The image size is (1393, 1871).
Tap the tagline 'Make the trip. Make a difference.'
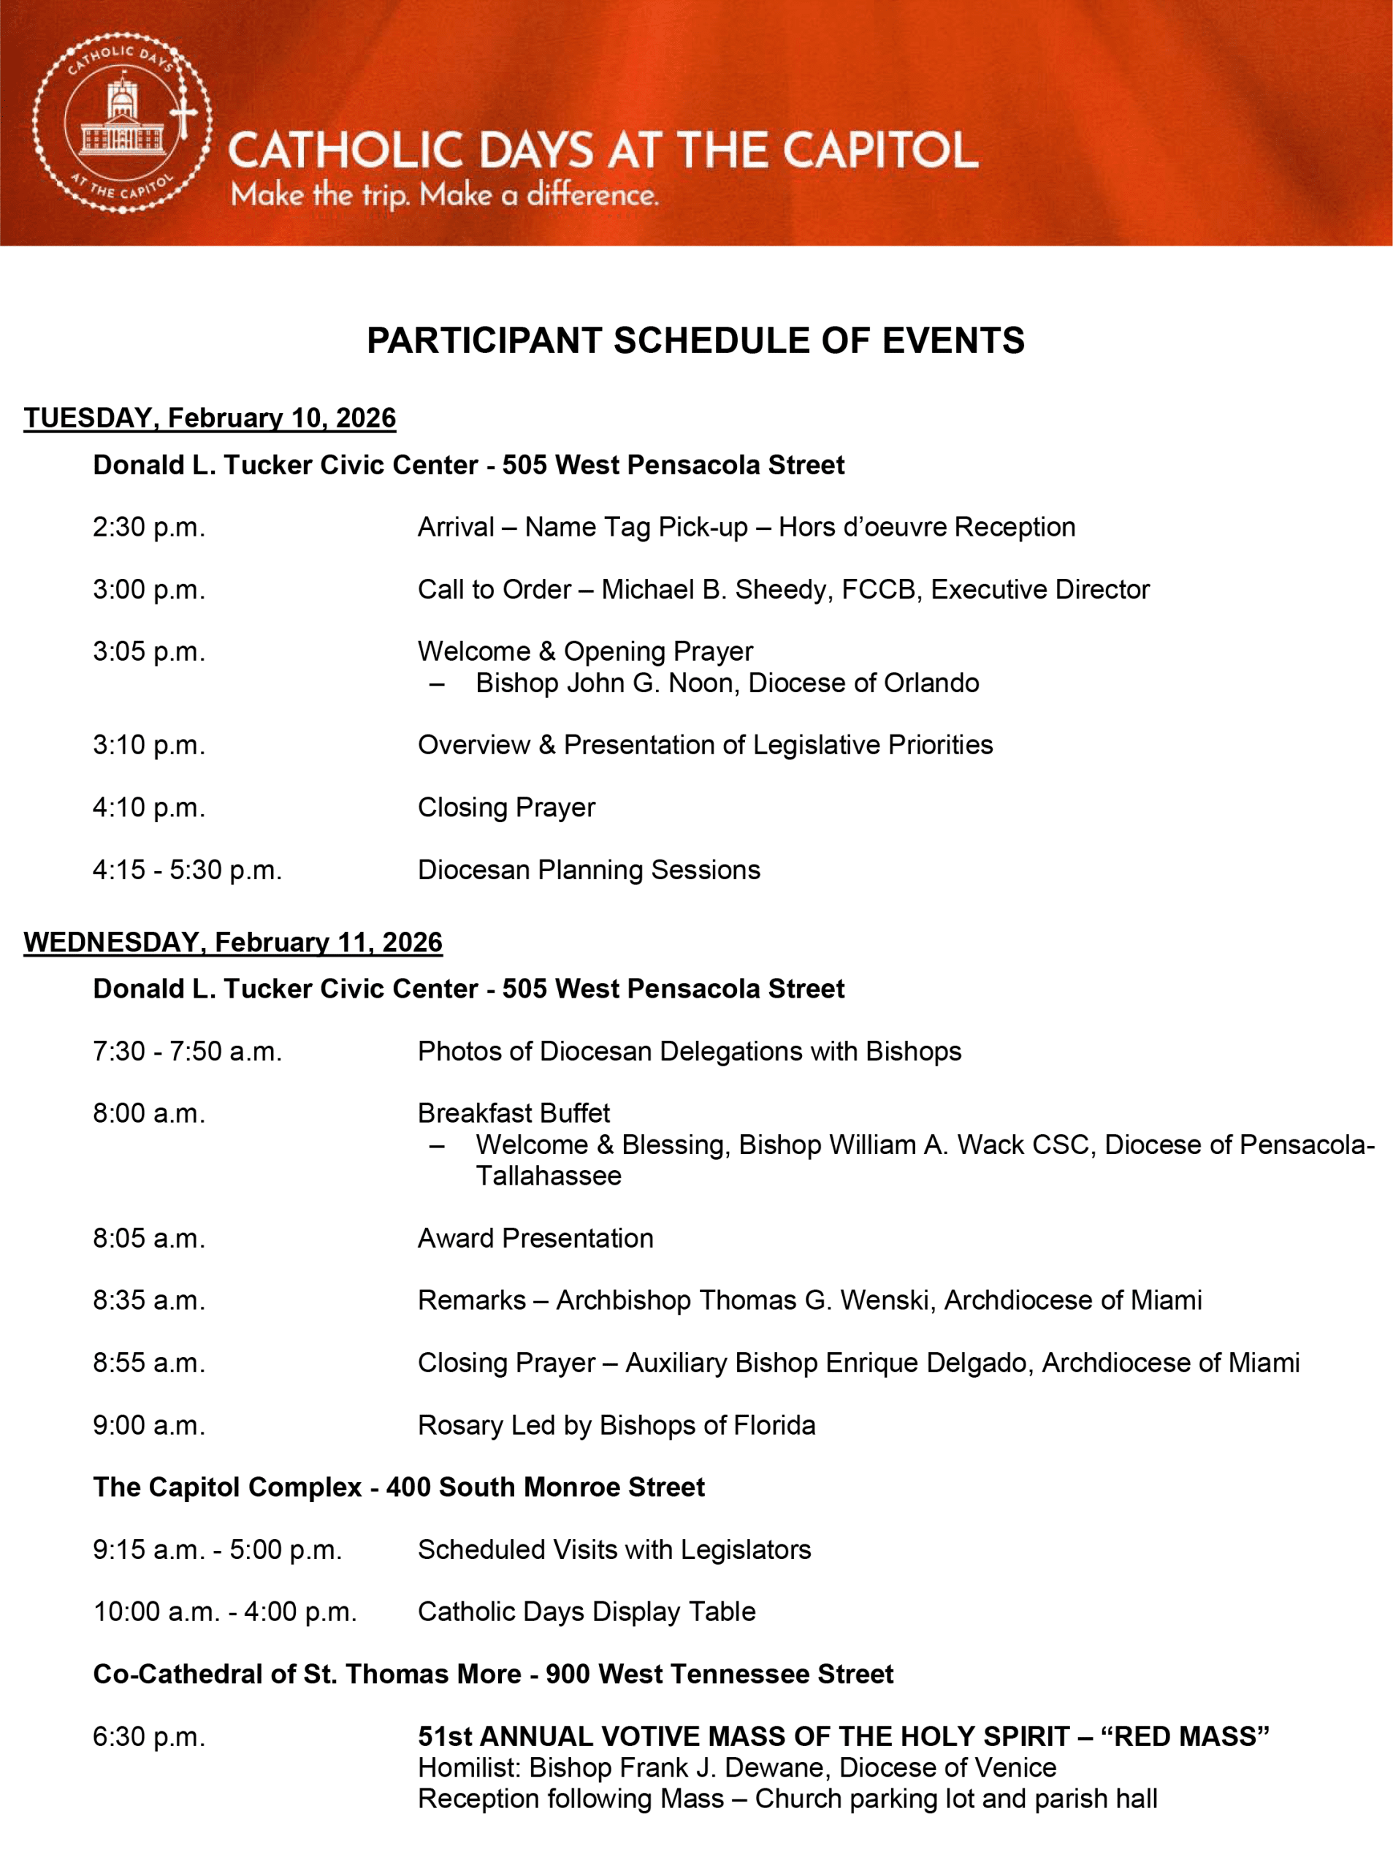444,196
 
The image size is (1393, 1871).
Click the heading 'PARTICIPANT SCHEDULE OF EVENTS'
695,341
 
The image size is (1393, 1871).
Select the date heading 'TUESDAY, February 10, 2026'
210,418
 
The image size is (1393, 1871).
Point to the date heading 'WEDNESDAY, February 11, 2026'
233,942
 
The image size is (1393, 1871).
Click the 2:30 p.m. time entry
149,527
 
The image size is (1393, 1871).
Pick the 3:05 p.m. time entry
149,652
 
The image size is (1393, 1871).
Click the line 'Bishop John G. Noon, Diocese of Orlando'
727,683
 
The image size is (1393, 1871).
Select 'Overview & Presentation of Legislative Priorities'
705,745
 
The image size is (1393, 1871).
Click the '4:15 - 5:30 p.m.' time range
187,870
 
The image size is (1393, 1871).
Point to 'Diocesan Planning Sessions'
589,870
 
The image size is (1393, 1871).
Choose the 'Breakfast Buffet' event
514,1114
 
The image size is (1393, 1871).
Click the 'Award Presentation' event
535,1238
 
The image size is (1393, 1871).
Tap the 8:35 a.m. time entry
149,1301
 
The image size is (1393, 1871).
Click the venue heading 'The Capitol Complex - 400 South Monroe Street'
399,1487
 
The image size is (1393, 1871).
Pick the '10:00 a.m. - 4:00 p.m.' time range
225,1612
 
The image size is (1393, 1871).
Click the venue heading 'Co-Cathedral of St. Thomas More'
308,1674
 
